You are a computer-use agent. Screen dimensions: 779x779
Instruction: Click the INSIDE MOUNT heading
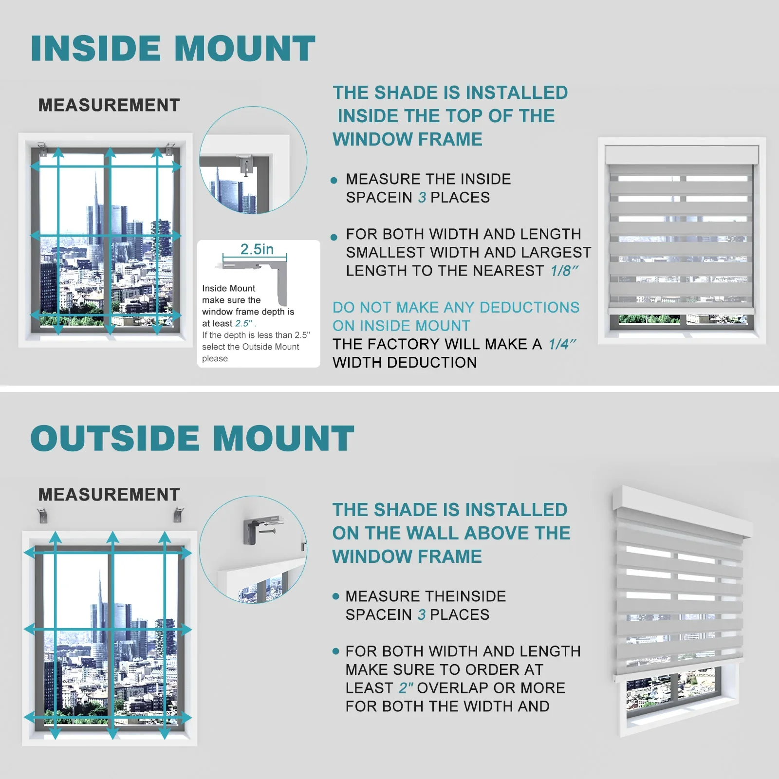(173, 49)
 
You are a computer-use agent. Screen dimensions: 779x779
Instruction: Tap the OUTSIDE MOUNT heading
(192, 438)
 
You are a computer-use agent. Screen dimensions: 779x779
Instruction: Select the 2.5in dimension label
(257, 249)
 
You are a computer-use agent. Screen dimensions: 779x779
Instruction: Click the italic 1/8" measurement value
(564, 271)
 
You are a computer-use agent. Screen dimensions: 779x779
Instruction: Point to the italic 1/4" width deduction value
(562, 344)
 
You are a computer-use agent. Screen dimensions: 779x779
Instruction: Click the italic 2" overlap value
(406, 688)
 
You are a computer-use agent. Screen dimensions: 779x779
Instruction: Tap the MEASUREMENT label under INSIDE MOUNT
(109, 105)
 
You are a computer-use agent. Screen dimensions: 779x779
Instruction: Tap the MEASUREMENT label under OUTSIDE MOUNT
(109, 495)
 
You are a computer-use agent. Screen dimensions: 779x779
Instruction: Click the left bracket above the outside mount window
(43, 515)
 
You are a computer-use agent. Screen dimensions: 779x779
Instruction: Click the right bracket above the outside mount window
(179, 514)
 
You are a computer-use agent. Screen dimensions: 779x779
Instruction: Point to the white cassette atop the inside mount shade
(682, 155)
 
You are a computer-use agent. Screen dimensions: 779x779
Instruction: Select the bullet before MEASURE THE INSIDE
(334, 181)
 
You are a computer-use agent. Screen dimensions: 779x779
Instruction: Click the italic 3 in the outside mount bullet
(421, 615)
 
